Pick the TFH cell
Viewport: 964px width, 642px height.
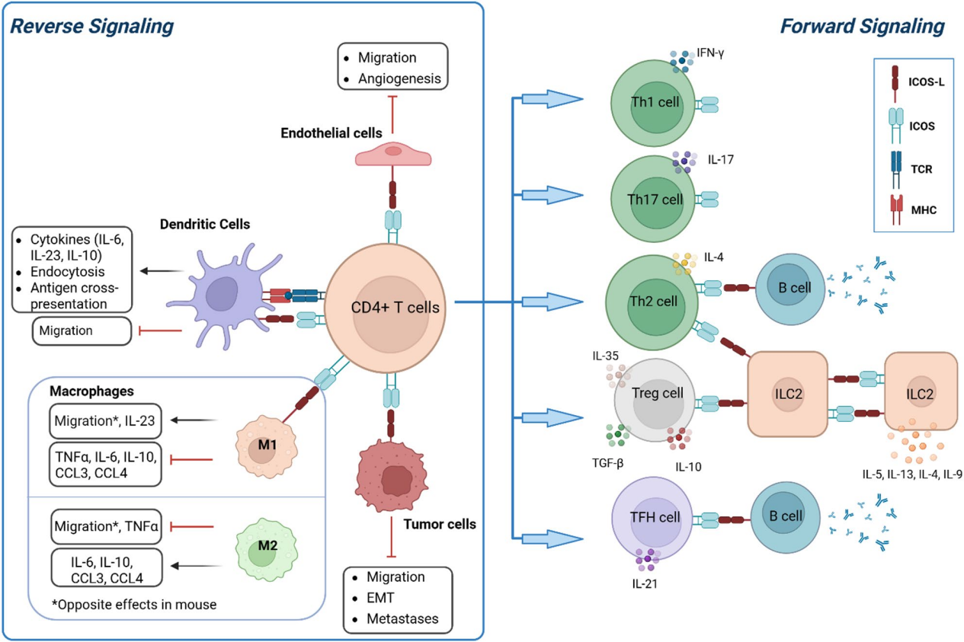click(649, 516)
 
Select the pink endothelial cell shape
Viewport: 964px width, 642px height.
click(393, 154)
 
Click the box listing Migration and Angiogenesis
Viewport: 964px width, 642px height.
click(392, 68)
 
